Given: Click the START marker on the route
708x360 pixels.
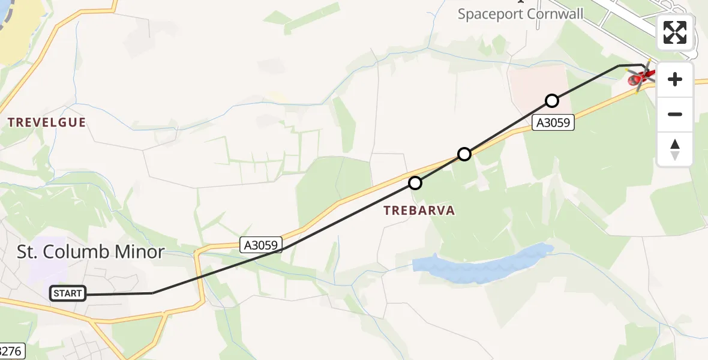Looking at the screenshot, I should pyautogui.click(x=68, y=293).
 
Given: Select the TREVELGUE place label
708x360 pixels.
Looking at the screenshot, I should pyautogui.click(x=47, y=122).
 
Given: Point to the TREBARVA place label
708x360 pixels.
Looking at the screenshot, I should pyautogui.click(x=419, y=211).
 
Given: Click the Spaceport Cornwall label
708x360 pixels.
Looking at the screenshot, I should pyautogui.click(x=520, y=14).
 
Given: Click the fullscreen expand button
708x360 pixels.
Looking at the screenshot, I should pyautogui.click(x=675, y=32).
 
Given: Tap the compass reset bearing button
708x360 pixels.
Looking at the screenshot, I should pyautogui.click(x=675, y=149).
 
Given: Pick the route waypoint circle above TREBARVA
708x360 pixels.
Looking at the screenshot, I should pyautogui.click(x=415, y=182).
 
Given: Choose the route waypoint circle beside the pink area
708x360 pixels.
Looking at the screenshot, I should pyautogui.click(x=551, y=100).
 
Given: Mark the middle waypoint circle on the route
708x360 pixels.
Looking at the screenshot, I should pyautogui.click(x=464, y=154).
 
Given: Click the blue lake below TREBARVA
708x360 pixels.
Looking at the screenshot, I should pyautogui.click(x=480, y=263).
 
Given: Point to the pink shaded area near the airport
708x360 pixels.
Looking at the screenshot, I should pyautogui.click(x=538, y=84).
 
